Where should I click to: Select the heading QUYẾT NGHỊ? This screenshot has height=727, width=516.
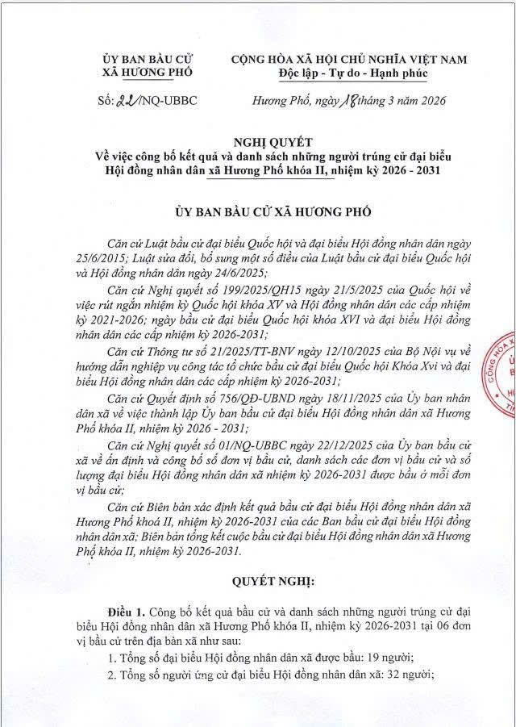[259, 581]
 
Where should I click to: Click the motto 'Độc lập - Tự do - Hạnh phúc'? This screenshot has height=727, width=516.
[348, 73]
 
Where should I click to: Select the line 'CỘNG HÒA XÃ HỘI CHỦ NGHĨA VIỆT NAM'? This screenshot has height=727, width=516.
[348, 60]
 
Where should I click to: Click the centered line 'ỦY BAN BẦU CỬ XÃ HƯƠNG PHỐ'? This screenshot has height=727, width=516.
[259, 211]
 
